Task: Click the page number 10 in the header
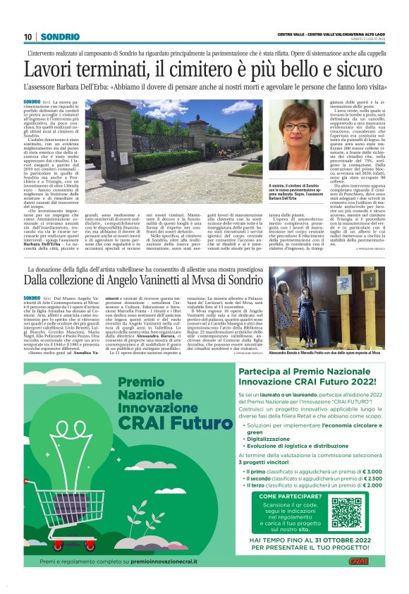[x=28, y=37]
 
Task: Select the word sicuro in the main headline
[x=357, y=71]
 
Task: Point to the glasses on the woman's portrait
[x=297, y=128]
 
